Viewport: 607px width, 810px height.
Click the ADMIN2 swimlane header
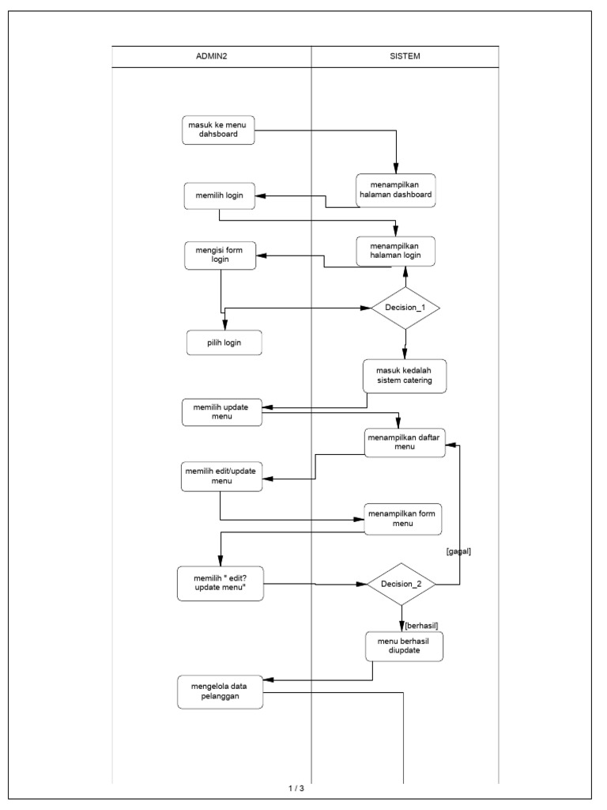(x=212, y=56)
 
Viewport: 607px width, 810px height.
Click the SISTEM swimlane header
(x=405, y=56)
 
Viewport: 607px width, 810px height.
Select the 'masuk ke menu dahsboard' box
(x=219, y=130)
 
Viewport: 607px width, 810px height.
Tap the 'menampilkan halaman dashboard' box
(x=395, y=190)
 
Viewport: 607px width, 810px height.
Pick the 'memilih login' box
(x=219, y=195)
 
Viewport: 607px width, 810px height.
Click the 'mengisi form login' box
(x=220, y=256)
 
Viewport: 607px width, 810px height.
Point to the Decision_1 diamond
(x=405, y=307)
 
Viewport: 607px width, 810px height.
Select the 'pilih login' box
(x=224, y=343)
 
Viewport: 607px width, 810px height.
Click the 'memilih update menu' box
(x=222, y=412)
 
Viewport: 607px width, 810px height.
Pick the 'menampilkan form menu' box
(x=403, y=518)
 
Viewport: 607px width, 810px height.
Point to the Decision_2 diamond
(x=402, y=585)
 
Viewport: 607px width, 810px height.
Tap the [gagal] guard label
(x=458, y=551)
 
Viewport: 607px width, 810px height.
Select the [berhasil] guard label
(x=421, y=625)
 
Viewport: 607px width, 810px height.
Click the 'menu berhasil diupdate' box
(x=403, y=645)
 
